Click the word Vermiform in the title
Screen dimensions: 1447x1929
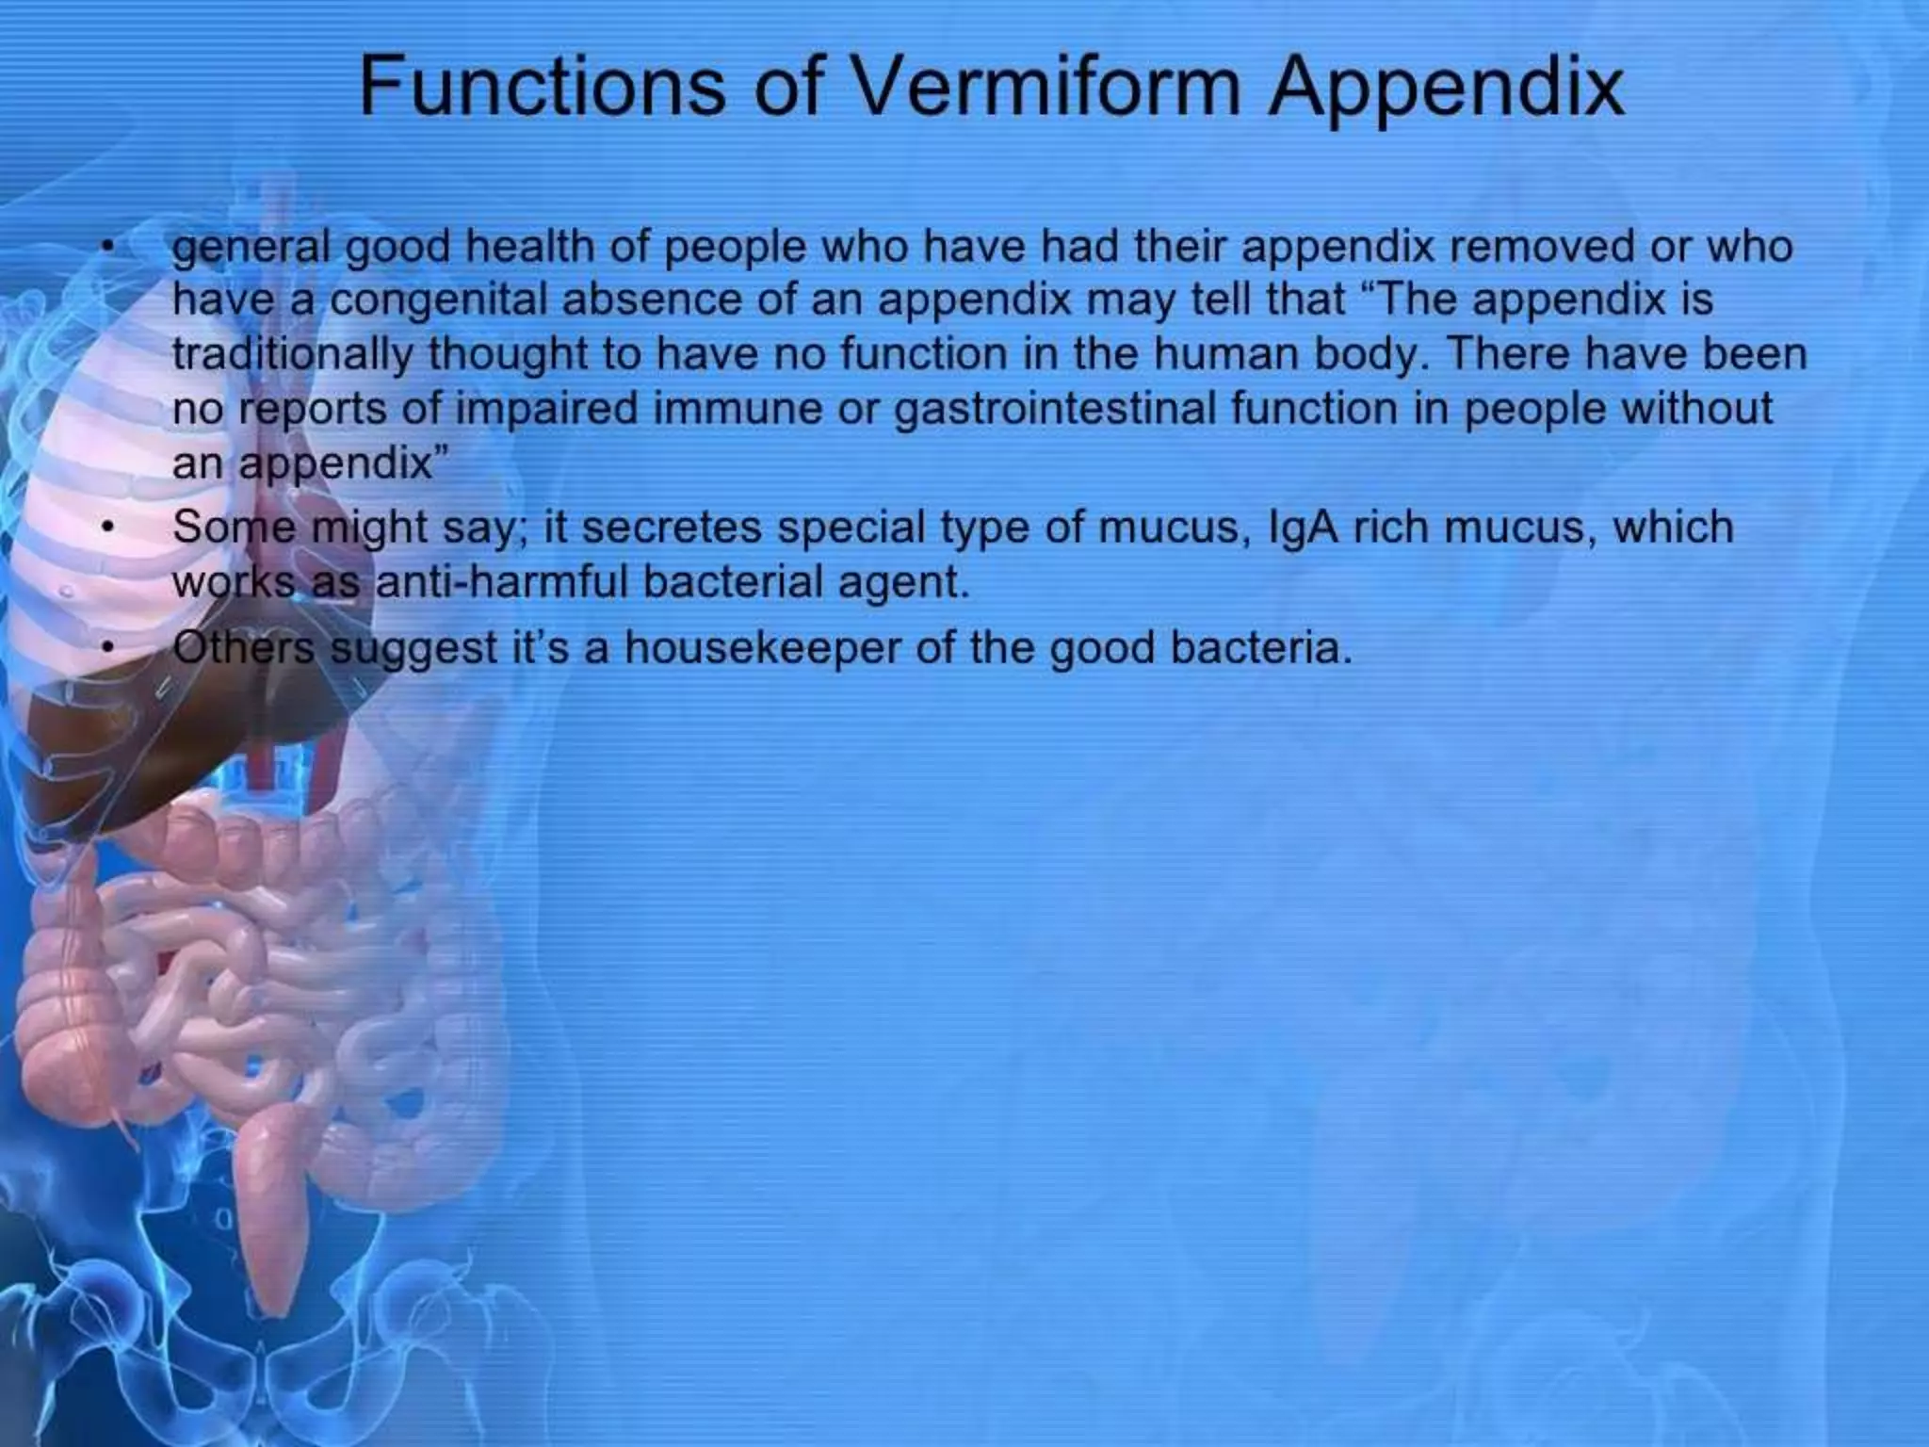coord(1046,88)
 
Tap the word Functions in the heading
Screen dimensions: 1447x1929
coord(543,88)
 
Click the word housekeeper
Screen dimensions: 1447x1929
coord(761,648)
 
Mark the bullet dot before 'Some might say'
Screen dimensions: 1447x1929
coord(110,527)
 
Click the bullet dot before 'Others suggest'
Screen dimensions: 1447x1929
coord(110,647)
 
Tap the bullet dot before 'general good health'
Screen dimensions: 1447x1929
coord(110,248)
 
